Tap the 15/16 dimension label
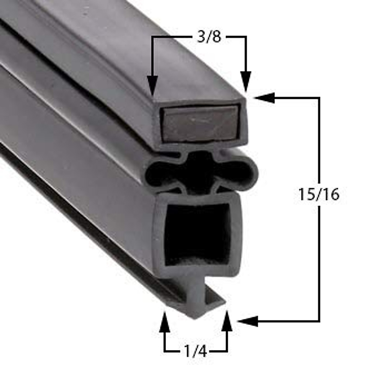point(319,194)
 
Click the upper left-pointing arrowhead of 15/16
point(264,97)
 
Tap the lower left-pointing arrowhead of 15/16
point(248,321)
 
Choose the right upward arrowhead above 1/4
point(227,321)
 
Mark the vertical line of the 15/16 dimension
point(319,259)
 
